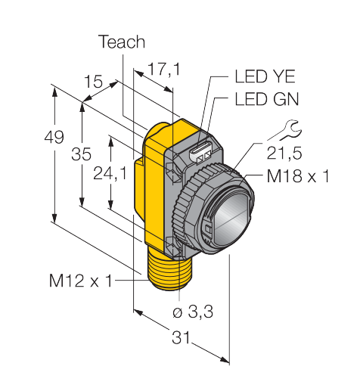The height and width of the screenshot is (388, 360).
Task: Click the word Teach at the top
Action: (x=123, y=42)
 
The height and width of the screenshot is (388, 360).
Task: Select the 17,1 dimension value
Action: (x=164, y=69)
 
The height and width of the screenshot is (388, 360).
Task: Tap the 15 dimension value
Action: (x=94, y=81)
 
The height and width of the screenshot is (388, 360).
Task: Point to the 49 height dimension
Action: (x=54, y=138)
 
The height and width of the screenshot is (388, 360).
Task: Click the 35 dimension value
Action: (x=81, y=154)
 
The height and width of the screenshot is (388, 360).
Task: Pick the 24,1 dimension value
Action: (x=110, y=174)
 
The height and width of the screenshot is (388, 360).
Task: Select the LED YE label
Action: (x=265, y=76)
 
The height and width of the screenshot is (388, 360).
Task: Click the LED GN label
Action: (x=267, y=99)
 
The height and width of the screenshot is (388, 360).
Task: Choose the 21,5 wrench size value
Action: (x=284, y=153)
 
